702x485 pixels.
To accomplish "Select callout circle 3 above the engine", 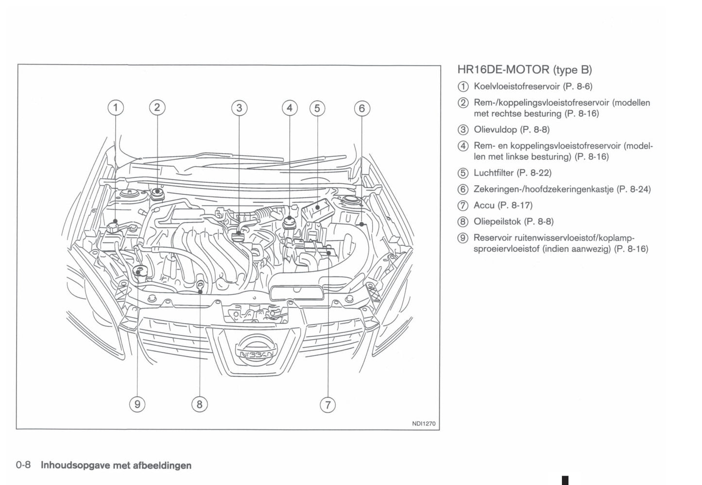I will pyautogui.click(x=239, y=108).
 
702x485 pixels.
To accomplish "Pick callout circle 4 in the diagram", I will pyautogui.click(x=290, y=108).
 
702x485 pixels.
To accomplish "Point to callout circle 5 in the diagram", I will pyautogui.click(x=317, y=108).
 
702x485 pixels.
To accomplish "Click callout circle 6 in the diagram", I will pyautogui.click(x=362, y=108).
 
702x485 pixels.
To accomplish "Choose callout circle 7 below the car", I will pyautogui.click(x=328, y=404).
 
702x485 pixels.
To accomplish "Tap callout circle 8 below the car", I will pyautogui.click(x=199, y=404).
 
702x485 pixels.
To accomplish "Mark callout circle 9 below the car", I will pyautogui.click(x=137, y=404).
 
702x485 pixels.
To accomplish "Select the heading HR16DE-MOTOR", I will pyautogui.click(x=503, y=70).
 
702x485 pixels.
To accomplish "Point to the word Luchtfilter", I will pyautogui.click(x=493, y=173).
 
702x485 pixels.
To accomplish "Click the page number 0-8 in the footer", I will pyautogui.click(x=23, y=465).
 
